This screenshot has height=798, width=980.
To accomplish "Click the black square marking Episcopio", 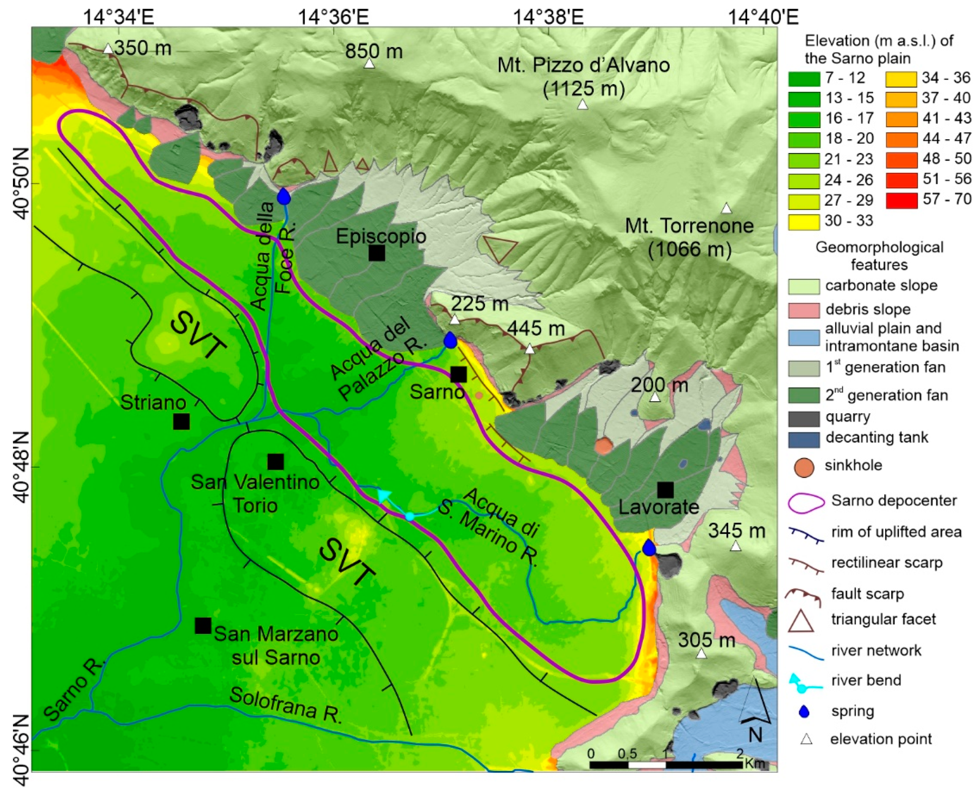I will pos(376,252).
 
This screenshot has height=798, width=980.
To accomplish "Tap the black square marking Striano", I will pos(181,421).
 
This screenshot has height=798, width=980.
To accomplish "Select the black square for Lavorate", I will pos(665,490).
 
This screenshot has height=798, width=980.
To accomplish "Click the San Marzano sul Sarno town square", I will pos(203,625).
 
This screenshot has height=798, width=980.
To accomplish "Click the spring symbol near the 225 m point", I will pos(450,340).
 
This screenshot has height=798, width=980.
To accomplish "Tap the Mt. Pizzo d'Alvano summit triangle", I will pos(583,105).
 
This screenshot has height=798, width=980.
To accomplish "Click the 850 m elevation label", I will pos(373,51).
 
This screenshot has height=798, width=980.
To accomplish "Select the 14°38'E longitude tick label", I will pos(548,17).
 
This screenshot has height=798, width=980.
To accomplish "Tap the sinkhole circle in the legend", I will pos(804,466).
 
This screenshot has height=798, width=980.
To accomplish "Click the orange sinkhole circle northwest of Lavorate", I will pos(604,445).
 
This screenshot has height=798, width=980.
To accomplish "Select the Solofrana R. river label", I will pos(286,705).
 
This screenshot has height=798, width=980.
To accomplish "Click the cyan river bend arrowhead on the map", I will pos(382,495).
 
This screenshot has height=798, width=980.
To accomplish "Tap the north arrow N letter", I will pos(755,735).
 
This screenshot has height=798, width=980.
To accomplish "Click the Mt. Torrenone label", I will pos(689,226).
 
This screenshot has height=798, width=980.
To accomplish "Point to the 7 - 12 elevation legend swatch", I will pos(804,79).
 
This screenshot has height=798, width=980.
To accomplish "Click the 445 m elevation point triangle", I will pos(530,349).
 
